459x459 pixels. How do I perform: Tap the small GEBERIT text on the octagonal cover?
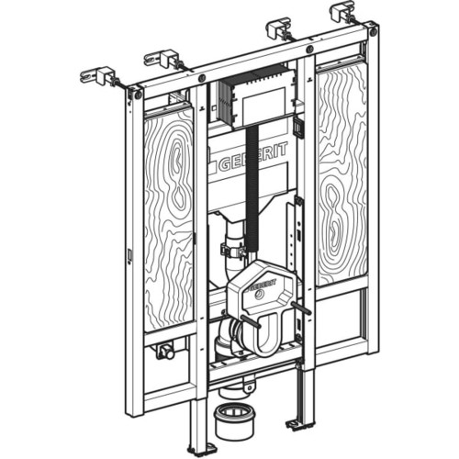tap(263, 285)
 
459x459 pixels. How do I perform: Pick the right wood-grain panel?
tap(341, 175)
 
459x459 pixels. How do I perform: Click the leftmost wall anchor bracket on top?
tap(99, 75)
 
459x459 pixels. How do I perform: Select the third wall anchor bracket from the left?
tap(279, 30)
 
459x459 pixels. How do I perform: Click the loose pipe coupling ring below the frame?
tap(234, 425)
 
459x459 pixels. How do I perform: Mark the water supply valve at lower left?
tap(165, 352)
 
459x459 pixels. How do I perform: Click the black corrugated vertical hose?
tap(252, 186)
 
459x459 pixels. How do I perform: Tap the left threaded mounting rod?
tap(251, 322)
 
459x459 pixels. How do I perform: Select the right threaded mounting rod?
tap(300, 308)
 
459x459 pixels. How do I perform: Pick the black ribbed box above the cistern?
tap(257, 96)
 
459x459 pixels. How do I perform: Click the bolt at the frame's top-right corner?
tap(373, 31)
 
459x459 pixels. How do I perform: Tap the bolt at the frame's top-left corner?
tap(138, 95)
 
